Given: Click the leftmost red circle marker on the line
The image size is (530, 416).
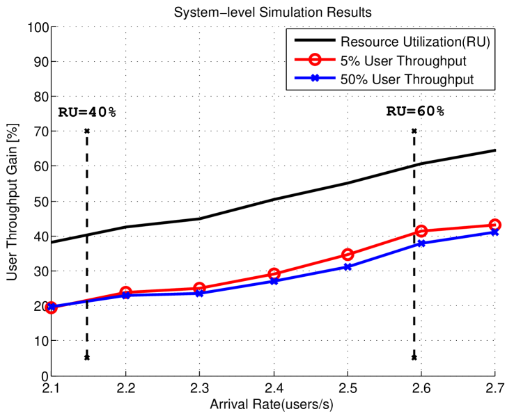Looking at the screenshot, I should tap(52, 307).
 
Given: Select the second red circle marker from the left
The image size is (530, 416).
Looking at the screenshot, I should tap(125, 292).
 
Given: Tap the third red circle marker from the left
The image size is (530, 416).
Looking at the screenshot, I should tap(199, 288).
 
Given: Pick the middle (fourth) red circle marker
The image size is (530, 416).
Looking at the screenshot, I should tap(274, 274).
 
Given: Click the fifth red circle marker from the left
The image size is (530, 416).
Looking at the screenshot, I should tap(348, 255).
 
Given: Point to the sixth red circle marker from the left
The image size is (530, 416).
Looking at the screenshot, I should tap(421, 231).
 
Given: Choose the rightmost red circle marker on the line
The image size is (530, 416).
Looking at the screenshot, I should tap(494, 225).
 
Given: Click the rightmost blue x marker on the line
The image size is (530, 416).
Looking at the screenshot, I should tap(494, 232).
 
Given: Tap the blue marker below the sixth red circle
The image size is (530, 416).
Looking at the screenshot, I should tap(421, 243).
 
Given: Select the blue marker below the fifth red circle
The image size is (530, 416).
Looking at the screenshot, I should tap(348, 266).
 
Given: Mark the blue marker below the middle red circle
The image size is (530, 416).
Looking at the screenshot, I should tap(274, 281).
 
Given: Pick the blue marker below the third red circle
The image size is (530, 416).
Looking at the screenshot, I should tap(199, 294).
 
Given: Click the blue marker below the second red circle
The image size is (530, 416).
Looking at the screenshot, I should tap(125, 296).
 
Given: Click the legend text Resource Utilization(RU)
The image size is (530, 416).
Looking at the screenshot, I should tap(415, 42).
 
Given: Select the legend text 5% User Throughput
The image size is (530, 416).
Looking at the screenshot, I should tap(403, 61).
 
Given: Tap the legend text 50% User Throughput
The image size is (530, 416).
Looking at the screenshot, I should tap(407, 79).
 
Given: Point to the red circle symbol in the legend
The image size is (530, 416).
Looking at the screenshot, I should tap(314, 61).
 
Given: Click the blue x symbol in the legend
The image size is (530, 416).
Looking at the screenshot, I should tap(314, 79).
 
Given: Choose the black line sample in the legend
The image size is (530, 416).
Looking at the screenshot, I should tap(314, 42).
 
